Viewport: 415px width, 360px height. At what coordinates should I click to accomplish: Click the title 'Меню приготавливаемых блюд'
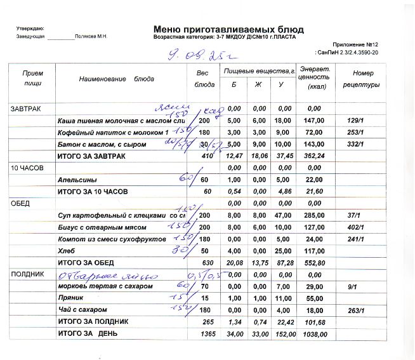(228, 29)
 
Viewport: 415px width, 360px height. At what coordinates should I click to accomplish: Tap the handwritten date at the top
(198, 55)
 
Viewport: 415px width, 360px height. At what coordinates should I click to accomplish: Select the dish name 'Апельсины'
(77, 180)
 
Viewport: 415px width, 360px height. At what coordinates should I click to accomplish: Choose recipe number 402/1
(356, 227)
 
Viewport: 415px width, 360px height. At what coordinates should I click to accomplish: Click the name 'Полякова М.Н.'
(91, 37)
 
